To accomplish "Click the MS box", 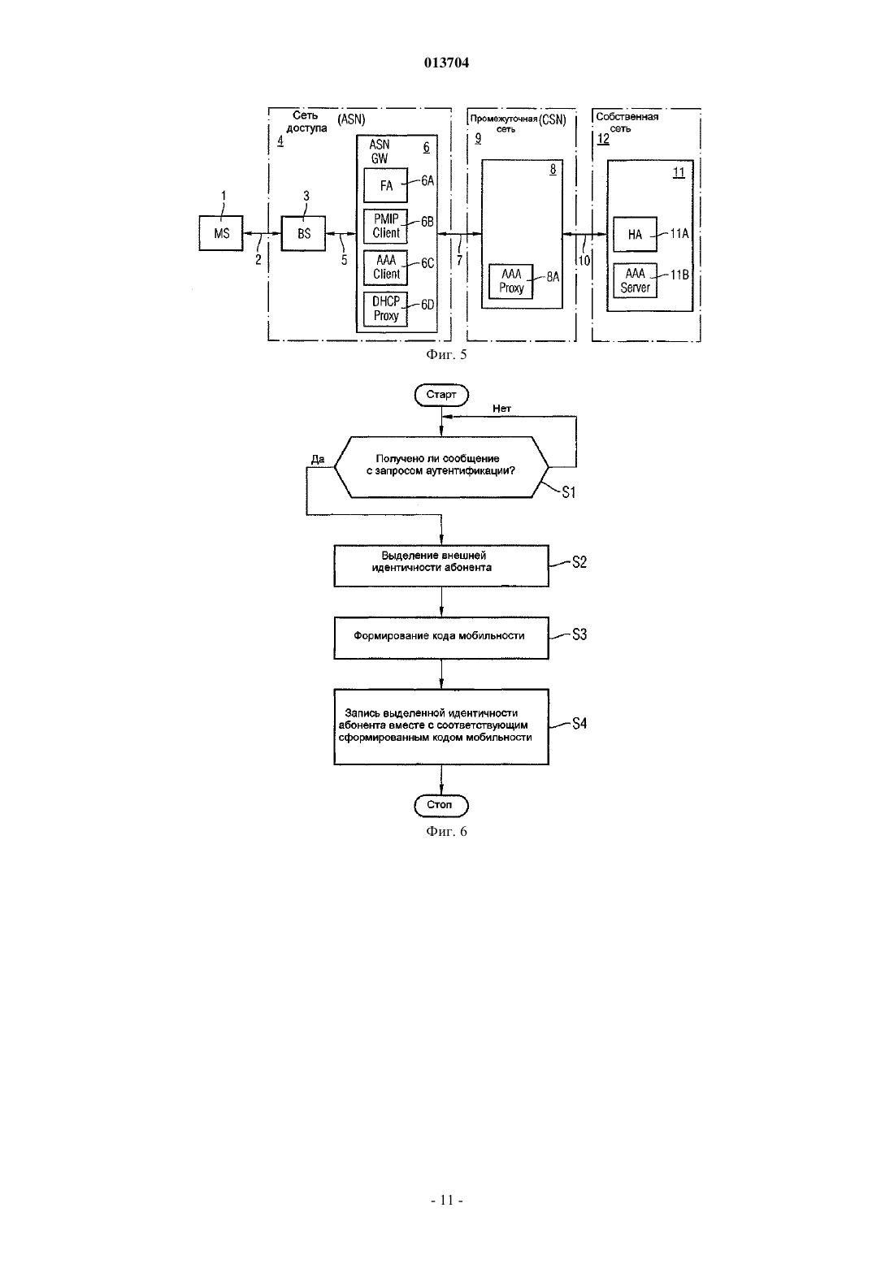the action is (221, 233).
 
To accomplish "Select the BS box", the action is (304, 233).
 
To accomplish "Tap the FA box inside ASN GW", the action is (385, 185).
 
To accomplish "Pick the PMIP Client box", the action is (385, 227).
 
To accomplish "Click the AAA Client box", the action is (385, 267).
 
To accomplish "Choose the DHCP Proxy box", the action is (385, 309).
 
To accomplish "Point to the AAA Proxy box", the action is (510, 281).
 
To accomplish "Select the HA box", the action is (635, 234).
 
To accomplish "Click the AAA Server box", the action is (635, 280).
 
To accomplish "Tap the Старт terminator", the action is (441, 395).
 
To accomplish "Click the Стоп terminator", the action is (441, 805).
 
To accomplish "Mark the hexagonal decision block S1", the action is (441, 466).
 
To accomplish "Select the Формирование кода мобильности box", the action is (441, 638).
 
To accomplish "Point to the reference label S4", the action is (579, 724).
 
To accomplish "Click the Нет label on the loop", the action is (501, 409).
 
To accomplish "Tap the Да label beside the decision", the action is (318, 459).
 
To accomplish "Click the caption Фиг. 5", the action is (446, 354).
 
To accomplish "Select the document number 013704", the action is (446, 63).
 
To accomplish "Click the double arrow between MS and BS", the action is (263, 233).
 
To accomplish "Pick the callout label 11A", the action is (679, 234).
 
